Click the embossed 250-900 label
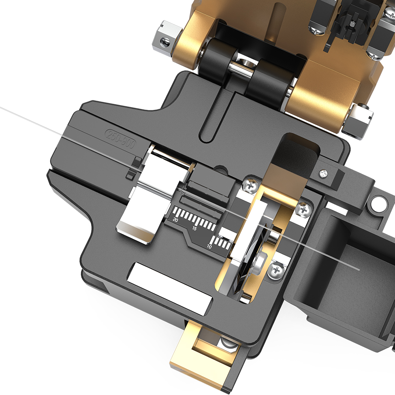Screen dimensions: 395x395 pyautogui.click(x=120, y=139)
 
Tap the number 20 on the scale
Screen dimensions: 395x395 pyautogui.click(x=176, y=220)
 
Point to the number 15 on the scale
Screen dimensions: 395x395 pyautogui.click(x=194, y=228)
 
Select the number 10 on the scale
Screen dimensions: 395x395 pyautogui.click(x=209, y=246)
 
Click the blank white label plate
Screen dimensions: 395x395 pyautogui.click(x=169, y=288)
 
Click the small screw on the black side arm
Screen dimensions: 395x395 pyautogui.click(x=324, y=173)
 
